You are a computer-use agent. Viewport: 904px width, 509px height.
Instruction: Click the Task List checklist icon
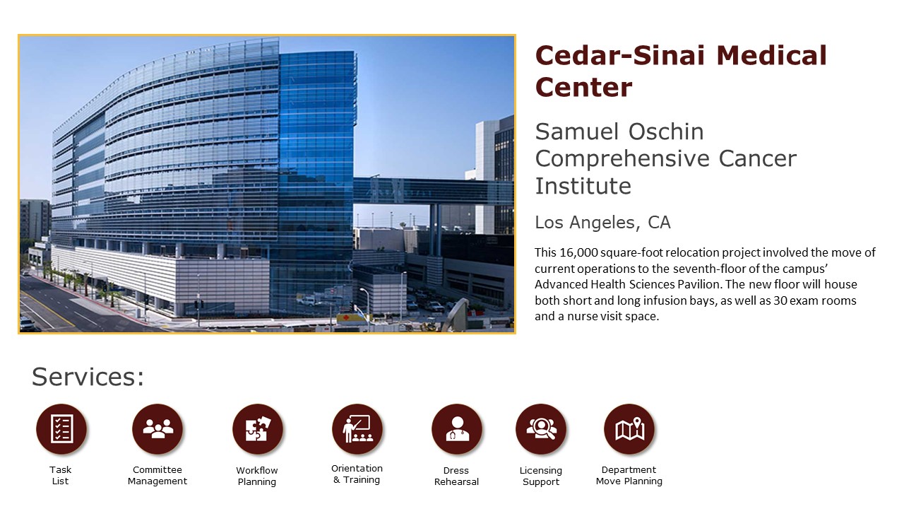[x=61, y=429]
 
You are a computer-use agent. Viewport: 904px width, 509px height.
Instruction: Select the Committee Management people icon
[x=157, y=429]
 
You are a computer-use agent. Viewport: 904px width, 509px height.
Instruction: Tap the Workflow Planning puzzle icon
[x=258, y=429]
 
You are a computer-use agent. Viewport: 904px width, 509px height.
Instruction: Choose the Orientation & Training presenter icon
[x=357, y=429]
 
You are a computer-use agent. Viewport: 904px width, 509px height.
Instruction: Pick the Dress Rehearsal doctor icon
[x=457, y=429]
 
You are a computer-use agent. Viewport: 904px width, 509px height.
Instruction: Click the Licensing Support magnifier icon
[x=541, y=429]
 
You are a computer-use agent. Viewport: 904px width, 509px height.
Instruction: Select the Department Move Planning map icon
[x=629, y=429]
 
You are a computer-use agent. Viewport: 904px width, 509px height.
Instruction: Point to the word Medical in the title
[x=772, y=55]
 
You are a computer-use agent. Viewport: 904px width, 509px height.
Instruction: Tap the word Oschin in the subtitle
[x=666, y=131]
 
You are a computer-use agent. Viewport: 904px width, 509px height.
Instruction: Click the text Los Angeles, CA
[x=602, y=223]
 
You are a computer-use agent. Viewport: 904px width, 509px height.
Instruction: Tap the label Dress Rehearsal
[x=456, y=476]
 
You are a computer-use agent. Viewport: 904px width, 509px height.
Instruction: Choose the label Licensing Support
[x=541, y=476]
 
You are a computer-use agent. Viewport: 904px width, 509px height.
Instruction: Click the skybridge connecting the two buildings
[x=432, y=191]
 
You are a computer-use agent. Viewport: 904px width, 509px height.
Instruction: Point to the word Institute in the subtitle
[x=583, y=186]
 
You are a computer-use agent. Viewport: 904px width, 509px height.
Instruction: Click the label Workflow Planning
[x=257, y=476]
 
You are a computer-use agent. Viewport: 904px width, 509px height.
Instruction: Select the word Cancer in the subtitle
[x=758, y=158]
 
